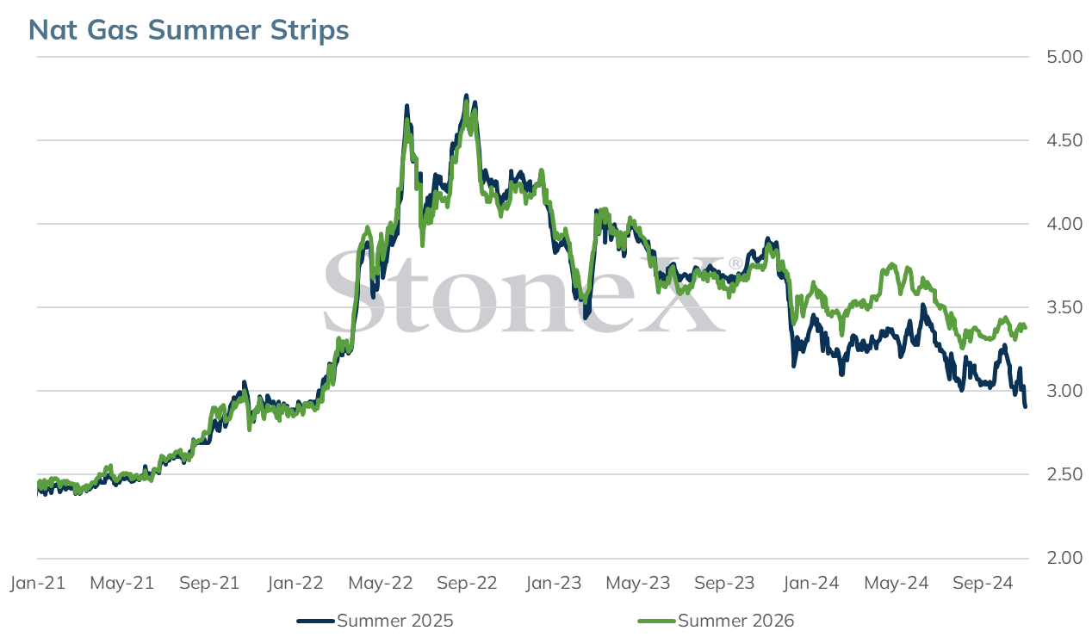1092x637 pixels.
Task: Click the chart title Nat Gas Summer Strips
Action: click(189, 30)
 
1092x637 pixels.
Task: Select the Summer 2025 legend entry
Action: click(375, 621)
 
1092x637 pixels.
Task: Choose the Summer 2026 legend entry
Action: click(717, 621)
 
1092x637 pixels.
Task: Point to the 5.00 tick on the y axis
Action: click(1064, 57)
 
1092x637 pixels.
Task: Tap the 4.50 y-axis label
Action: click(1064, 140)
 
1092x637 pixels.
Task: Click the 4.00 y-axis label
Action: click(1064, 224)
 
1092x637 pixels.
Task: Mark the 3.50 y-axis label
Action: click(1064, 307)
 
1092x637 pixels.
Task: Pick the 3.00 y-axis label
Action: click(1064, 391)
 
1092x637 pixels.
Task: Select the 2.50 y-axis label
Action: click(1064, 474)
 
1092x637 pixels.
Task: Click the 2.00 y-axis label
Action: click(1064, 558)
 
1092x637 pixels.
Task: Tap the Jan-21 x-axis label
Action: click(38, 583)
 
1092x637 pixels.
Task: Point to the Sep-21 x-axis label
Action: click(209, 583)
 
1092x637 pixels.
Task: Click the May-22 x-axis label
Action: click(381, 583)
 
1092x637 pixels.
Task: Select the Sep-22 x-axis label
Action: click(467, 583)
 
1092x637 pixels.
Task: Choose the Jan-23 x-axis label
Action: click(554, 583)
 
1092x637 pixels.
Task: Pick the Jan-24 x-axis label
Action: click(811, 583)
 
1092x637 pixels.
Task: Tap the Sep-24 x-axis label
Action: click(983, 583)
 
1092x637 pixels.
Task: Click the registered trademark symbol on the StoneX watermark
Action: click(735, 263)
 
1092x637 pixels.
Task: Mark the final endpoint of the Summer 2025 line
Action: click(1025, 406)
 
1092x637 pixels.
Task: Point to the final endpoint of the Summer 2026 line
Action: click(1026, 327)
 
